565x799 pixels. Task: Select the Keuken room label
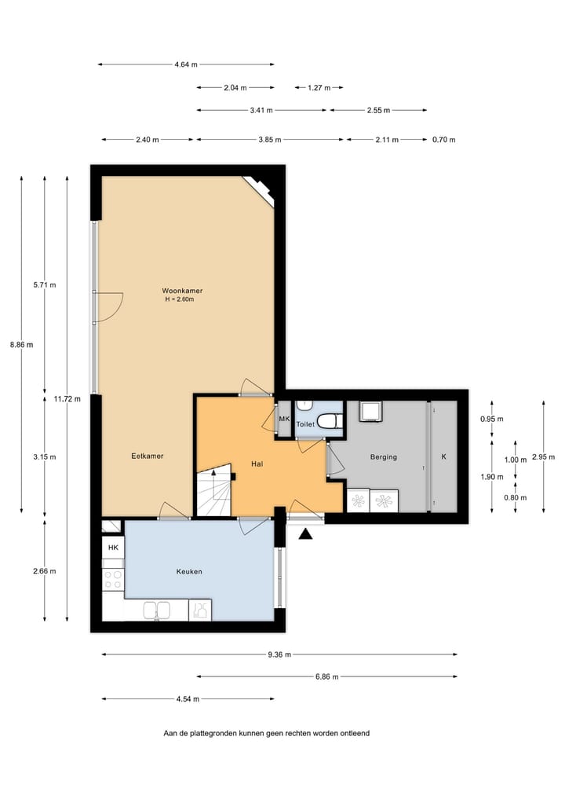tap(189, 571)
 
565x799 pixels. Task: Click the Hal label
tap(256, 464)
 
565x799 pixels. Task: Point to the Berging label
tap(384, 456)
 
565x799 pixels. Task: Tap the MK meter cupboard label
tap(285, 420)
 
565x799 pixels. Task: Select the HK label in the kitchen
tap(112, 548)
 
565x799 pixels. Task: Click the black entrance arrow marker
tap(305, 534)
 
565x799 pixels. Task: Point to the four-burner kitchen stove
tap(113, 580)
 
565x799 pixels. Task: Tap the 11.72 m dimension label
tap(67, 399)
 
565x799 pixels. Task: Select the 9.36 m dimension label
tap(279, 654)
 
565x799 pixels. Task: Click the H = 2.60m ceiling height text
tap(179, 299)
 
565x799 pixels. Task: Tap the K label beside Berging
tap(443, 456)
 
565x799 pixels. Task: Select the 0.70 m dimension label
tap(444, 140)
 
